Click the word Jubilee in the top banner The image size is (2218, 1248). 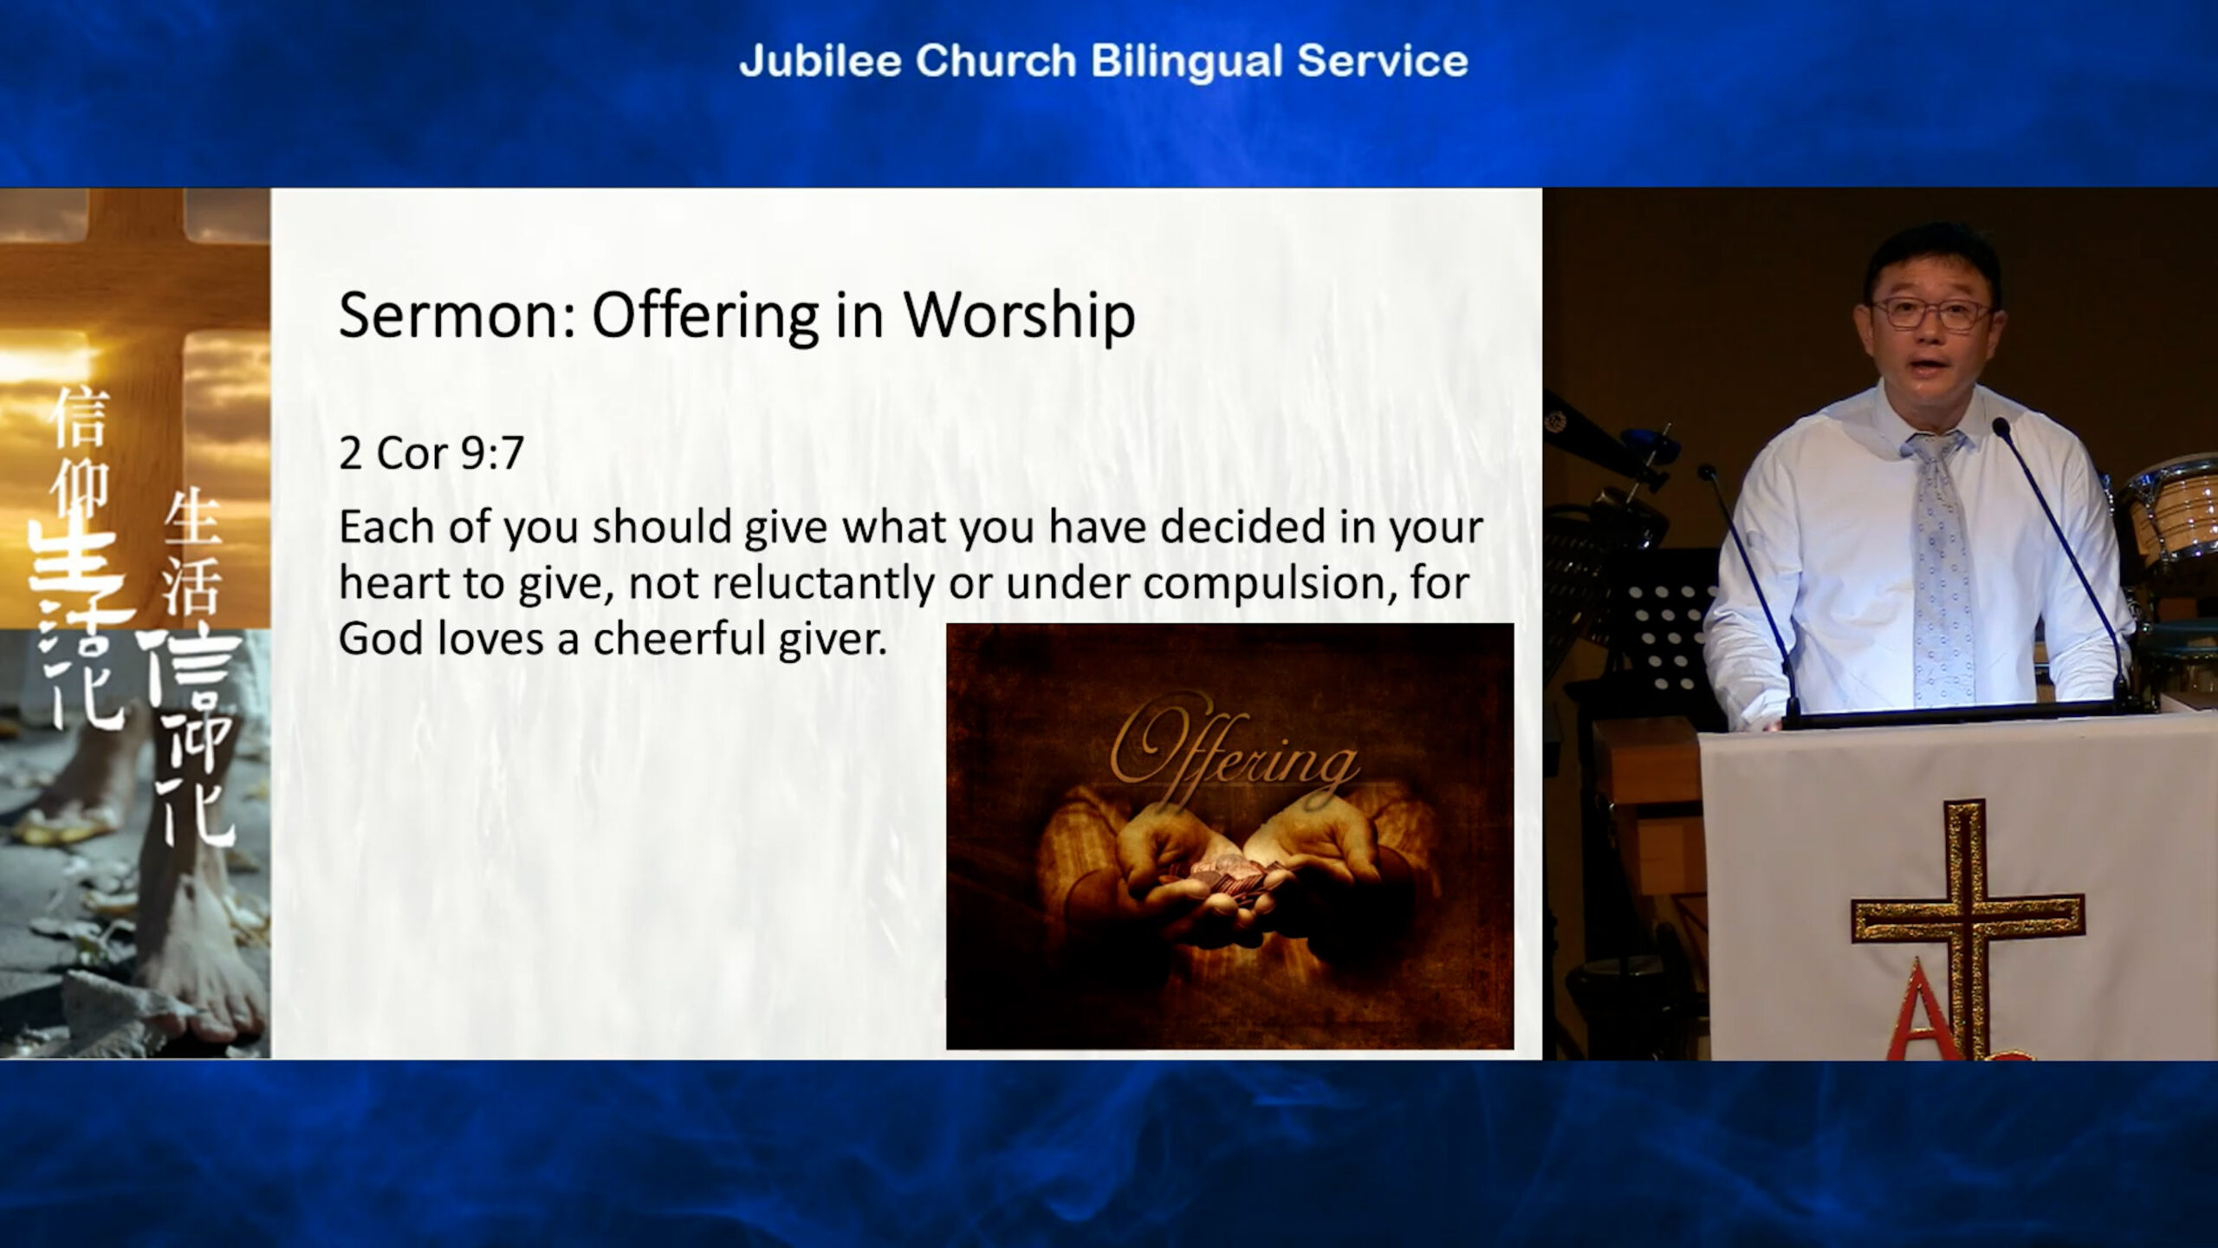[x=820, y=62]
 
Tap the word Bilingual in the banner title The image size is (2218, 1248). [x=1187, y=62]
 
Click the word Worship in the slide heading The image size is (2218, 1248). [x=1020, y=316]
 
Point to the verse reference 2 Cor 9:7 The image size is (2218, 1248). [x=431, y=452]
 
